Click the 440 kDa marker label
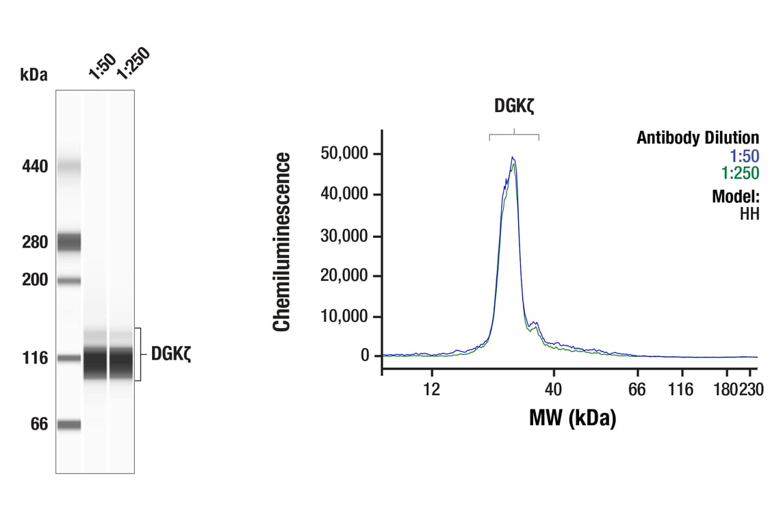[x=34, y=166]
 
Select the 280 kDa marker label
[x=34, y=243]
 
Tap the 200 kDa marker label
[x=34, y=280]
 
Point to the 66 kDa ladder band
[x=68, y=425]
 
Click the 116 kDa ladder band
[x=68, y=358]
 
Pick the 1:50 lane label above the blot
[x=102, y=66]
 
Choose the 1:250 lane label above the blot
[x=132, y=64]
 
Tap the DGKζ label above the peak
[x=513, y=106]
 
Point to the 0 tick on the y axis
[x=364, y=356]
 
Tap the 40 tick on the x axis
[x=553, y=390]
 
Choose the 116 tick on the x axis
[x=680, y=390]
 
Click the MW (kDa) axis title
[x=572, y=417]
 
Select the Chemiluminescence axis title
[x=282, y=242]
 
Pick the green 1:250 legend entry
[x=740, y=173]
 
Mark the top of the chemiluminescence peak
[x=512, y=158]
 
